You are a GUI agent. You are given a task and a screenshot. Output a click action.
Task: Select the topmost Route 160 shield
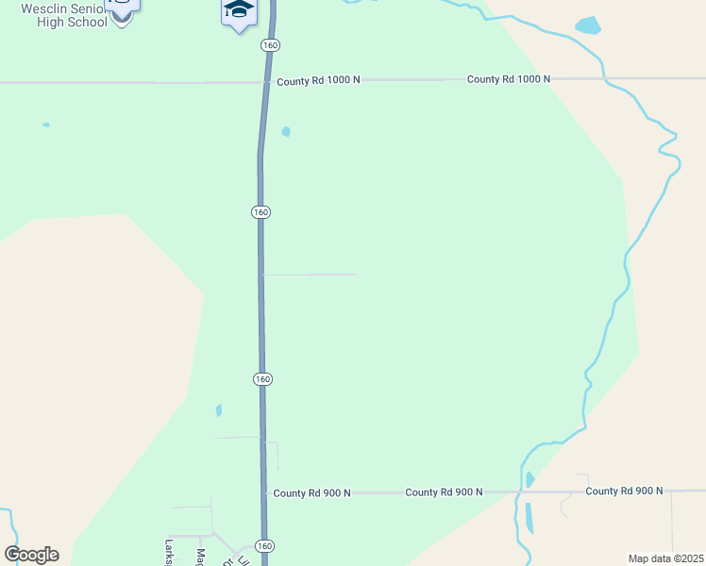pyautogui.click(x=271, y=45)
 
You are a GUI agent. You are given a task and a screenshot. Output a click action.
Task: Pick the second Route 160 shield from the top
pyautogui.click(x=261, y=212)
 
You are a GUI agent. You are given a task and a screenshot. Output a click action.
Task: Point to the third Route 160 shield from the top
pyautogui.click(x=262, y=378)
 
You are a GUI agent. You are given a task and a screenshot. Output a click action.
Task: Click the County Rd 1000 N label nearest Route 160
pyautogui.click(x=318, y=81)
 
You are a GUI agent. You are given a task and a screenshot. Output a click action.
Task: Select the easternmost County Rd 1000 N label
pyautogui.click(x=508, y=79)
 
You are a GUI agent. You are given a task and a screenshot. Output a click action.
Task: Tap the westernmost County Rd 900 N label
pyautogui.click(x=311, y=493)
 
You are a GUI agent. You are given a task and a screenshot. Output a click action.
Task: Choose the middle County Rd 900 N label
pyautogui.click(x=444, y=492)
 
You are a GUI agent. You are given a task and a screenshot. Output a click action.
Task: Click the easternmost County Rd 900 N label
pyautogui.click(x=624, y=491)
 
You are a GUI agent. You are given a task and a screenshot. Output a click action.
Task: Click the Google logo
pyautogui.click(x=31, y=555)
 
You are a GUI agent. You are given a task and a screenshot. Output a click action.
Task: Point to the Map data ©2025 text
pyautogui.click(x=665, y=558)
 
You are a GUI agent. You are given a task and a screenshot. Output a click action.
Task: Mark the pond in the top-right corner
pyautogui.click(x=588, y=25)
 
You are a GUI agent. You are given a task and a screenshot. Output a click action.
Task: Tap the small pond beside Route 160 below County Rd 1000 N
pyautogui.click(x=286, y=132)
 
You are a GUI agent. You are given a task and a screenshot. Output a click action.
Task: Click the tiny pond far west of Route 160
pyautogui.click(x=45, y=125)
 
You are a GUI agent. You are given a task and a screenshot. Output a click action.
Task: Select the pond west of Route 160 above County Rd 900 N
pyautogui.click(x=219, y=410)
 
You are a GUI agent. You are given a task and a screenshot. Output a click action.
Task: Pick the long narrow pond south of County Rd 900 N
pyautogui.click(x=529, y=517)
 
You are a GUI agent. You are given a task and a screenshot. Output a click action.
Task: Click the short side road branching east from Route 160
pyautogui.click(x=310, y=275)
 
